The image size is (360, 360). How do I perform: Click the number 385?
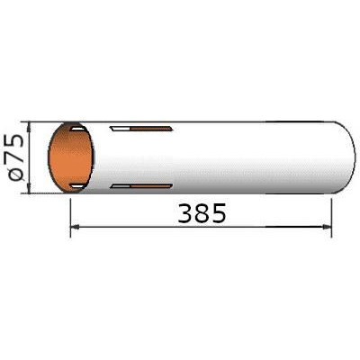(202, 213)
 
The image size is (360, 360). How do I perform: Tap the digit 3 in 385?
(185, 213)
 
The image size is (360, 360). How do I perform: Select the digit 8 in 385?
(202, 213)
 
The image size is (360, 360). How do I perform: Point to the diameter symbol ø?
(15, 174)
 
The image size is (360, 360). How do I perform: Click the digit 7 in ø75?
(15, 157)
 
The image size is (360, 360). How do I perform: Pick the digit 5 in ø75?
(15, 140)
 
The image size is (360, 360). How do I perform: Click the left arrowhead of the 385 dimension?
(74, 228)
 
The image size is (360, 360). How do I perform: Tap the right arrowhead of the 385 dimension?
(327, 227)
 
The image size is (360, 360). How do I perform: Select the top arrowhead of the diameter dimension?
(29, 127)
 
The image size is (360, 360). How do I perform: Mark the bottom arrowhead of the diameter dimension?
(29, 188)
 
